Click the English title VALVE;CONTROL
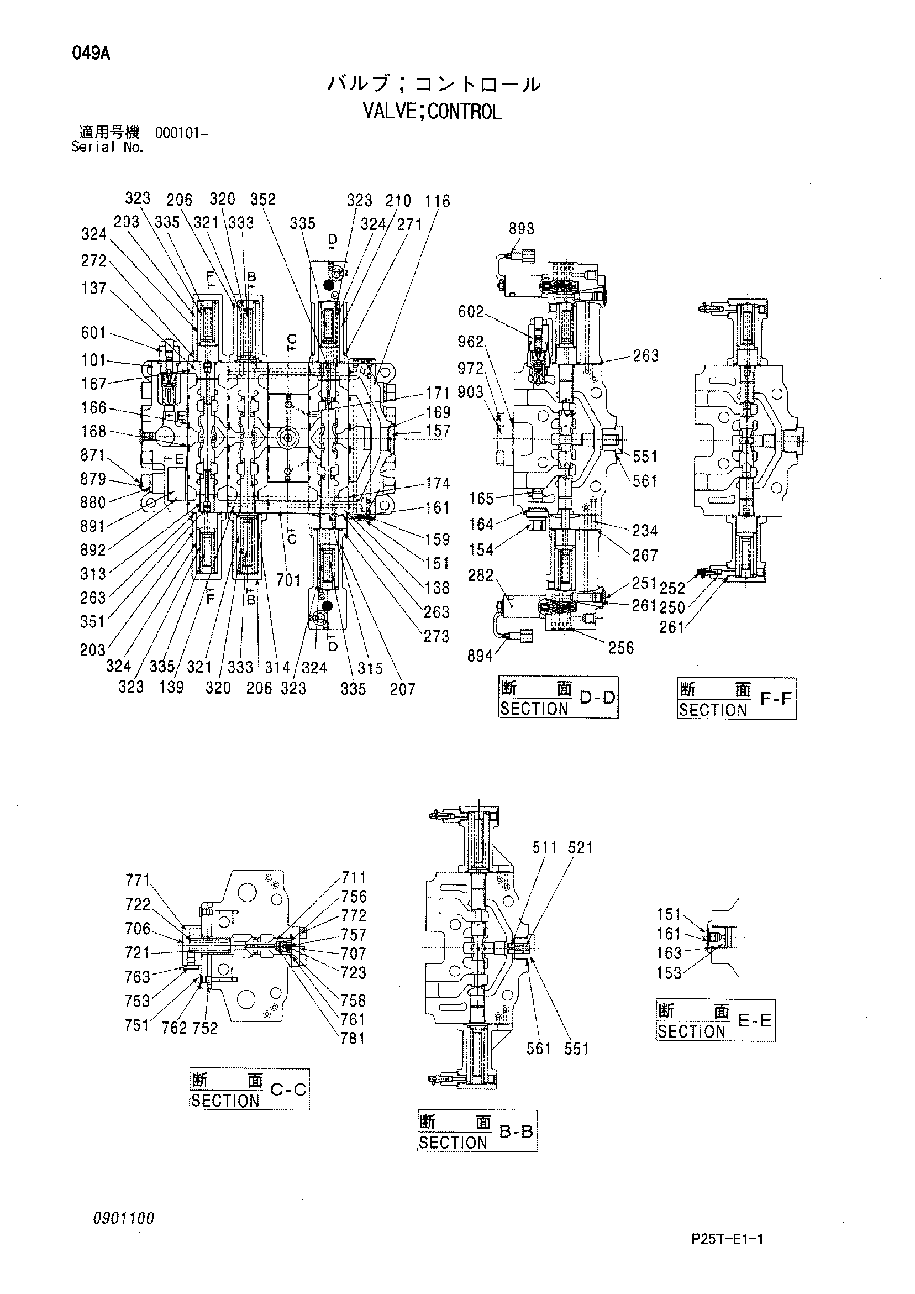coord(432,112)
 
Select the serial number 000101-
coord(181,134)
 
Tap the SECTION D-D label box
coord(559,697)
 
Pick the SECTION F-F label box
coord(737,699)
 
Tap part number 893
coord(521,228)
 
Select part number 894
coord(480,656)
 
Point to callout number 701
coord(288,580)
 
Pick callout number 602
coord(471,312)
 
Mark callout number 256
coord(621,648)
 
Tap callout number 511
coord(545,847)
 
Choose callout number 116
coord(438,201)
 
